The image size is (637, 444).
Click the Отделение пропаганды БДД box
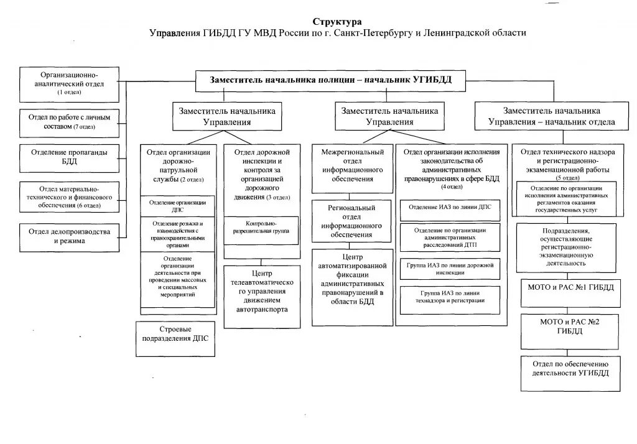click(x=69, y=157)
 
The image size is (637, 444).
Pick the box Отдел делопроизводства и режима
click(x=69, y=236)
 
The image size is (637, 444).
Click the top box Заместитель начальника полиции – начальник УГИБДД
click(x=330, y=79)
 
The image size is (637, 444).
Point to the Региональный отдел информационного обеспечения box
click(x=351, y=221)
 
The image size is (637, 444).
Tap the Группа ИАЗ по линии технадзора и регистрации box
click(x=450, y=300)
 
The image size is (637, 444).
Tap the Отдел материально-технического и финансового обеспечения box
click(x=69, y=197)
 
